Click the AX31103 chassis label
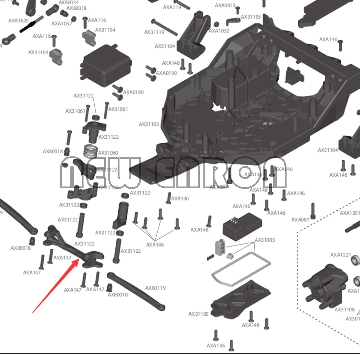point(149,124)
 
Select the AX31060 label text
point(108,153)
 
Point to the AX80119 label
point(156,288)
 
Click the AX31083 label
point(265,240)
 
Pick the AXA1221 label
point(341,255)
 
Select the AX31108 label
point(345,309)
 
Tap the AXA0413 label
point(225,5)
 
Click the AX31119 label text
point(154,32)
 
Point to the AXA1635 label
point(18,21)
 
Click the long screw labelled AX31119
point(165,27)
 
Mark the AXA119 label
point(172,7)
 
